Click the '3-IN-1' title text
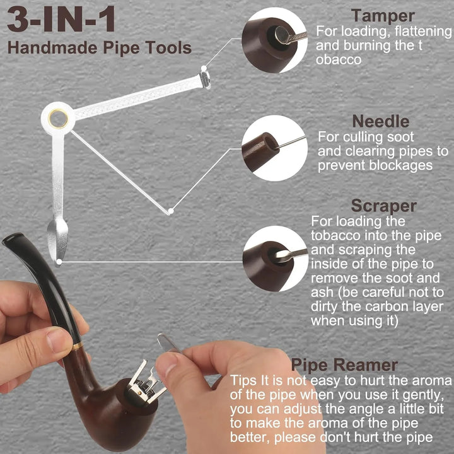[61, 19]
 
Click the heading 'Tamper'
[383, 16]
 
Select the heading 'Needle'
[380, 121]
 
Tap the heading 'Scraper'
[383, 206]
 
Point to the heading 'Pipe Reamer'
[344, 365]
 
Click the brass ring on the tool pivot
[58, 119]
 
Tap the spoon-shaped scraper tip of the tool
[57, 238]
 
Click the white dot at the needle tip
[171, 211]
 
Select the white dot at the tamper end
[204, 68]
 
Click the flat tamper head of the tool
[205, 80]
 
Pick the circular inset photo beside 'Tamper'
[274, 40]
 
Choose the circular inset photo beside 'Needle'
[274, 148]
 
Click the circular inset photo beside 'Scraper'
[276, 259]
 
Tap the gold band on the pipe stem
[78, 346]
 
